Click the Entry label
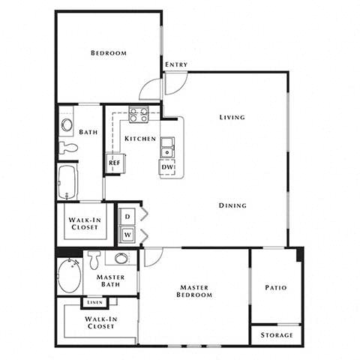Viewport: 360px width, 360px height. tap(175, 64)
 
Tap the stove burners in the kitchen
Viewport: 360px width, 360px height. tap(138, 115)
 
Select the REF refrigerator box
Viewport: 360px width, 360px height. tap(115, 161)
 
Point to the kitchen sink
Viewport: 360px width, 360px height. tap(167, 148)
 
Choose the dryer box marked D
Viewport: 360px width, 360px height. tap(127, 215)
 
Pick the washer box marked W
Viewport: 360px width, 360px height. tap(127, 234)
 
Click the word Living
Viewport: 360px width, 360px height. tap(232, 117)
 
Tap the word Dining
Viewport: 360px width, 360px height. tap(232, 205)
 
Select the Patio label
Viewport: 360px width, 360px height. tap(275, 287)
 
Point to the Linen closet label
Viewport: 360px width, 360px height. tap(94, 302)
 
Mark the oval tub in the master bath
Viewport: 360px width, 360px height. tap(69, 275)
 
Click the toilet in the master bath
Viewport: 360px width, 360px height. tap(94, 260)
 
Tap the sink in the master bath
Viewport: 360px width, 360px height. tap(121, 259)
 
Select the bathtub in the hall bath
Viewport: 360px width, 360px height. tap(67, 181)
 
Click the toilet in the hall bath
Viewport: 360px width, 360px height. tap(67, 147)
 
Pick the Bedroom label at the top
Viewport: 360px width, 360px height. tap(108, 53)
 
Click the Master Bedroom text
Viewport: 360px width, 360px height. tap(195, 291)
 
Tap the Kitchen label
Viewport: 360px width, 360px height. tap(140, 139)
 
